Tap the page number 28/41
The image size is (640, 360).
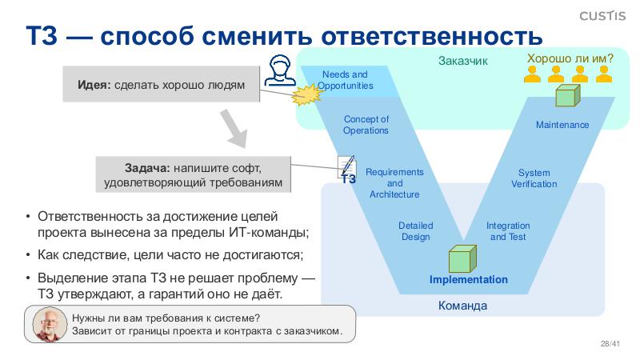point(610,344)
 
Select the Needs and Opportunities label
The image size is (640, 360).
point(345,80)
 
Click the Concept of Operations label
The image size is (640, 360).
point(366,125)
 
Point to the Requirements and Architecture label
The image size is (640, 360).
point(394,183)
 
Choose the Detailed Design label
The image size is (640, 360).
point(415,231)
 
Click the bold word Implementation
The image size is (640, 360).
point(468,279)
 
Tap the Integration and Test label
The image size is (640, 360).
point(507,231)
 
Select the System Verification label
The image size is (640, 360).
point(534,178)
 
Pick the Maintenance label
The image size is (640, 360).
point(562,125)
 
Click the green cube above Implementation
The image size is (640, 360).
point(462,258)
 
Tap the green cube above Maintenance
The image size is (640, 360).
point(566,96)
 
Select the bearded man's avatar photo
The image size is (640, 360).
point(50,324)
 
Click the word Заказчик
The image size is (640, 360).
point(462,61)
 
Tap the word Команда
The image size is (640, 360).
point(462,306)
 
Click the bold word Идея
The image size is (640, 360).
point(94,86)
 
